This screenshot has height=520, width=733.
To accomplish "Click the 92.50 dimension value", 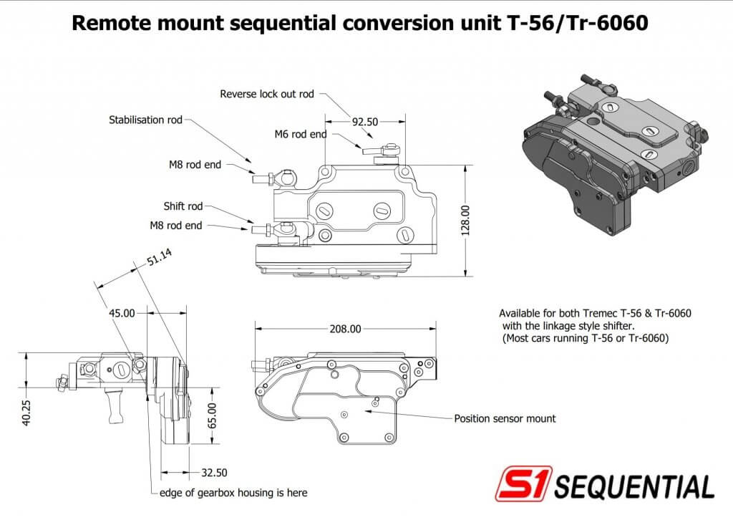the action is pyautogui.click(x=364, y=122).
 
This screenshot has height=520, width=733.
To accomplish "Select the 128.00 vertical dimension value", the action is pyautogui.click(x=465, y=221).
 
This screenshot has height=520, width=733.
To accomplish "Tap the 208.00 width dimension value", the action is pyautogui.click(x=345, y=329).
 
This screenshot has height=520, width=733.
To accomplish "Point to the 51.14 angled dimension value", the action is pyautogui.click(x=160, y=257).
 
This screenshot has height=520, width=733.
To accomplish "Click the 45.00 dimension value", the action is pyautogui.click(x=122, y=313).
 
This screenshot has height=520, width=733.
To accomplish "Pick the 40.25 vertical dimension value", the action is pyautogui.click(x=26, y=413).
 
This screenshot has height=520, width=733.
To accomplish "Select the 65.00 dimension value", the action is pyautogui.click(x=212, y=415).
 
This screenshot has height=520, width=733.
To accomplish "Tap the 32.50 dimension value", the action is pyautogui.click(x=214, y=473).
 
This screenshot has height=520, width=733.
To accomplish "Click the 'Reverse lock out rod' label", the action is pyautogui.click(x=267, y=94).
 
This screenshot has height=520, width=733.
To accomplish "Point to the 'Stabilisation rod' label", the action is pyautogui.click(x=145, y=120).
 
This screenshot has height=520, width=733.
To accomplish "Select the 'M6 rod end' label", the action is pyautogui.click(x=301, y=134).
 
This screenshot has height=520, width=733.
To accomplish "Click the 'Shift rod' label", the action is pyautogui.click(x=183, y=206).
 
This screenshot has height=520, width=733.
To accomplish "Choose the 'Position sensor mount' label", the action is pyautogui.click(x=505, y=418).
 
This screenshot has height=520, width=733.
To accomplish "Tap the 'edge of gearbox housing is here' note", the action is pyautogui.click(x=233, y=493).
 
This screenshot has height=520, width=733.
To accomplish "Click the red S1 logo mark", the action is pyautogui.click(x=523, y=483).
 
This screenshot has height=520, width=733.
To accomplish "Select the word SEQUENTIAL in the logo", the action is pyautogui.click(x=634, y=486).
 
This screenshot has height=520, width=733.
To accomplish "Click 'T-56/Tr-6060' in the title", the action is pyautogui.click(x=578, y=23).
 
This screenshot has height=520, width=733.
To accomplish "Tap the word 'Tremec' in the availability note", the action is pyautogui.click(x=601, y=313).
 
